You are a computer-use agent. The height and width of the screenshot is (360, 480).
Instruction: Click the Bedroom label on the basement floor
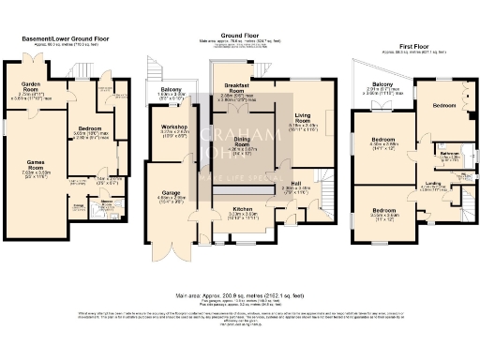[89, 127]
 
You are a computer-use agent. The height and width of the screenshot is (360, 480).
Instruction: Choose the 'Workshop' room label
[174, 127]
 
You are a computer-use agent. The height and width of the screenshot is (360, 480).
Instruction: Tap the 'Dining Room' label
[244, 142]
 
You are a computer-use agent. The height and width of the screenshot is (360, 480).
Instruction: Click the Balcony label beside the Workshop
[170, 89]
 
